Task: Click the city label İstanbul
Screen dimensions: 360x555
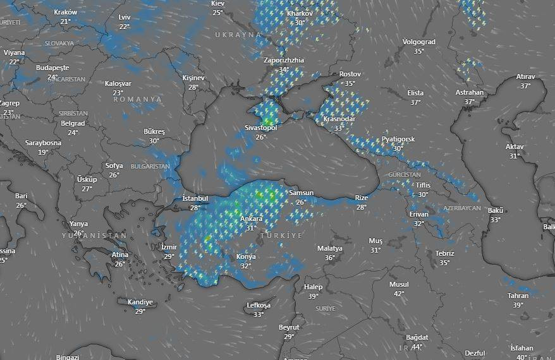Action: tap(195, 198)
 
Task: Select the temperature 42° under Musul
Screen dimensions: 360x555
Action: tap(399, 294)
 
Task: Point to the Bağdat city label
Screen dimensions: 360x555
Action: tap(417, 337)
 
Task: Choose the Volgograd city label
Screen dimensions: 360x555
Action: tap(418, 42)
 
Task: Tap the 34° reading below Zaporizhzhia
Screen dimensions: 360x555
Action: tap(284, 69)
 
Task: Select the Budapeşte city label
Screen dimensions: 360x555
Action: tap(52, 68)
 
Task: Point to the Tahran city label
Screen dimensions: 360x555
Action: tap(518, 296)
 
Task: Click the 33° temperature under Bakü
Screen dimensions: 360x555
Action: tap(495, 220)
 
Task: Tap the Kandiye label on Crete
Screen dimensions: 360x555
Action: tap(140, 302)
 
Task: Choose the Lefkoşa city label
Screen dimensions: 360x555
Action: tap(259, 306)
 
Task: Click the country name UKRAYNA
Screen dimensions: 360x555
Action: tap(238, 34)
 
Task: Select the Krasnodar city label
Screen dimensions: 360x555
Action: tap(339, 119)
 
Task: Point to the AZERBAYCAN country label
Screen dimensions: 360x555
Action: tap(462, 208)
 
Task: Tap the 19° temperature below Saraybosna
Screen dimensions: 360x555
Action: tap(43, 152)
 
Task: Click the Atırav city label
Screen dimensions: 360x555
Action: tap(525, 76)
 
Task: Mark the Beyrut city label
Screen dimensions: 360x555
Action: tap(289, 327)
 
